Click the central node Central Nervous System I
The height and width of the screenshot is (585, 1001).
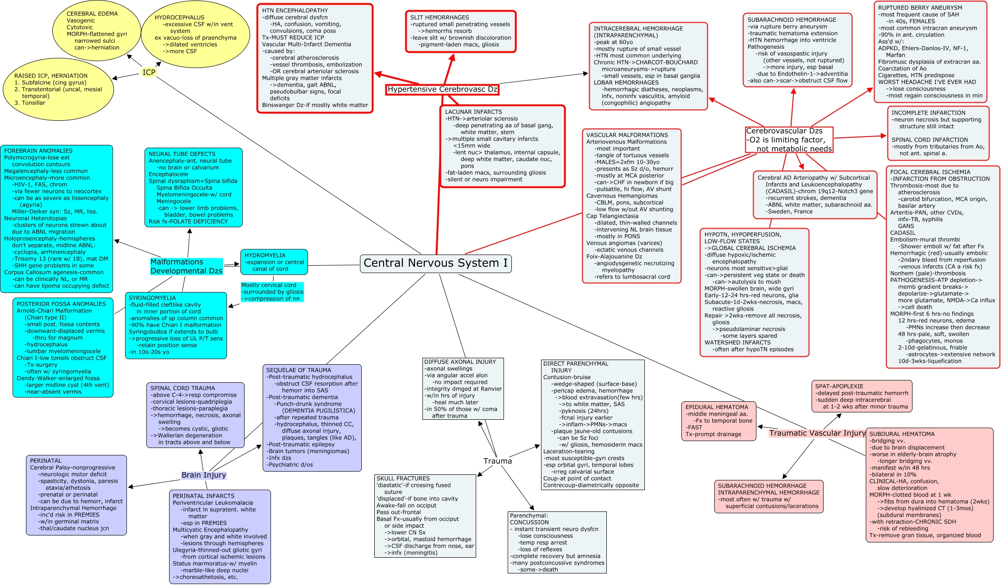435,263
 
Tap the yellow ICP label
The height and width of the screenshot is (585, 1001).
149,72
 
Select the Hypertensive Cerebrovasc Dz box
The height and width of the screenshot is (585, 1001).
442,89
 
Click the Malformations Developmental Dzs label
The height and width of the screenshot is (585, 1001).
186,266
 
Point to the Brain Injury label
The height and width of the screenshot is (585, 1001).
203,475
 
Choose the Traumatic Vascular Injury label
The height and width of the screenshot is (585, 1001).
817,433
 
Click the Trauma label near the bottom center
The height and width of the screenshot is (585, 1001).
497,461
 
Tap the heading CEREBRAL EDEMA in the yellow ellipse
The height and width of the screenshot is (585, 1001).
92,14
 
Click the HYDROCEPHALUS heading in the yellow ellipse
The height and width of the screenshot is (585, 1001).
179,18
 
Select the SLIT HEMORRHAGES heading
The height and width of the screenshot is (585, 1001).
440,18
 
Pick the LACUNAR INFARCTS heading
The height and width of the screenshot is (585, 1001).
473,112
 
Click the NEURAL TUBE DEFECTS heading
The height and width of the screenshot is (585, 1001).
182,154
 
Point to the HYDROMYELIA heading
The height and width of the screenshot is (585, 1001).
265,255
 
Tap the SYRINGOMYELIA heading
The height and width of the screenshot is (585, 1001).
152,298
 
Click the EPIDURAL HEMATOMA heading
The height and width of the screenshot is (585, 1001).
717,407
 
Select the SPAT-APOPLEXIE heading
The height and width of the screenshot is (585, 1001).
839,386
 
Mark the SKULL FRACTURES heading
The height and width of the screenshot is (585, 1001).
403,479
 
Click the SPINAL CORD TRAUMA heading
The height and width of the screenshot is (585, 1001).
183,388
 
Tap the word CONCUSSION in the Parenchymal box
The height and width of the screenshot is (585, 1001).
529,523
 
